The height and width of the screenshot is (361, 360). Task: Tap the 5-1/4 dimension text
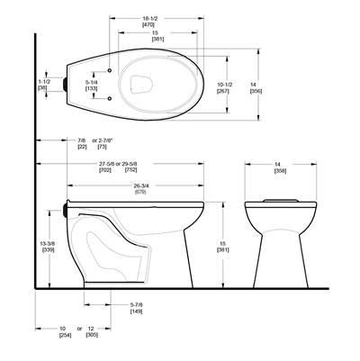coord(92,83)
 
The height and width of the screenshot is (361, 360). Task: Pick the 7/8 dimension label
coord(82,140)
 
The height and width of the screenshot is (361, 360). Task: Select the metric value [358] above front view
coord(280,169)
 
